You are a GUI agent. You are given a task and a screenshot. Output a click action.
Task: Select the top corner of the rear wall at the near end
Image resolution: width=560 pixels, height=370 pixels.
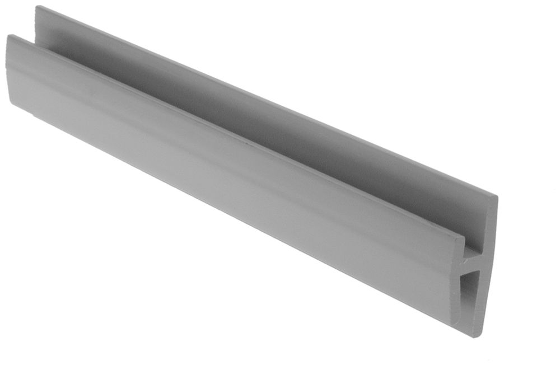point(496,196)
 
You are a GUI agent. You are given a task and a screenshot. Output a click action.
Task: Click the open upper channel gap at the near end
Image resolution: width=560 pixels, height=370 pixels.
point(475,241)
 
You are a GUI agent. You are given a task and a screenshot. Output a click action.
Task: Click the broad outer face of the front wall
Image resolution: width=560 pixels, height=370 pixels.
point(224,168)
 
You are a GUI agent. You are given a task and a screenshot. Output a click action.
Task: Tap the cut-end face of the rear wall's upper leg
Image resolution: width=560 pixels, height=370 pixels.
point(488,224)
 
